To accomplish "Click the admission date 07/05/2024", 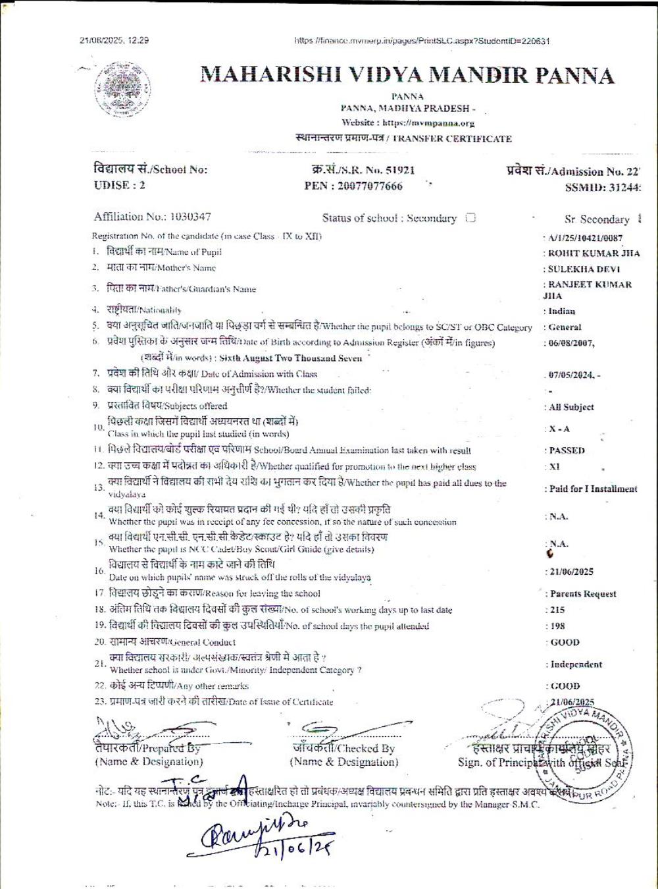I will point(572,375).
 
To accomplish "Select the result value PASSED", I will point(567,451).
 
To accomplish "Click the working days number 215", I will point(557,610).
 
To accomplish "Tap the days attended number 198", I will point(557,626).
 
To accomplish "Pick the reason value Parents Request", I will point(583,594).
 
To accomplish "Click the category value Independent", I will point(576,664).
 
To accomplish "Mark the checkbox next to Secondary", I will point(470,218).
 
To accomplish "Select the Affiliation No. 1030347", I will point(190,217).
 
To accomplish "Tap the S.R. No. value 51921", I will point(400,170).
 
